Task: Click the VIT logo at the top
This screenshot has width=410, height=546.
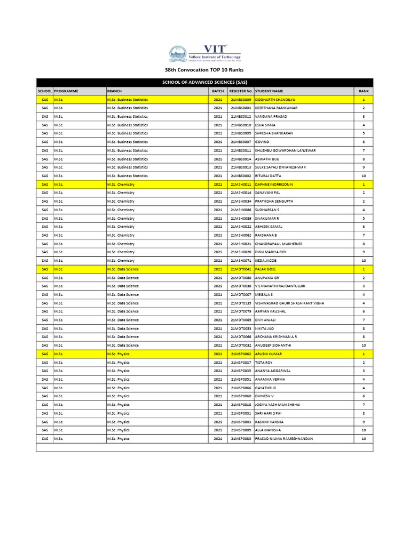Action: point(204,54)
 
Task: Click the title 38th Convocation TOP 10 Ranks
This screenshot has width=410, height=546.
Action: point(204,70)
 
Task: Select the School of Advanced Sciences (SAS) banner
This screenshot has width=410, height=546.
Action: point(204,82)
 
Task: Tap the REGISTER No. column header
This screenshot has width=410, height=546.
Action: point(240,91)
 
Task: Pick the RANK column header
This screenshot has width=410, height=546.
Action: point(364,91)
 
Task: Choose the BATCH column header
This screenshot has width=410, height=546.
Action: point(218,91)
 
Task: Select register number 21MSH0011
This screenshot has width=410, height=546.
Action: point(241,184)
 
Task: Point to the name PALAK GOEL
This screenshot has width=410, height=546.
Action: point(265,269)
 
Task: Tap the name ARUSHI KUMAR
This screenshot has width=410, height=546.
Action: point(269,354)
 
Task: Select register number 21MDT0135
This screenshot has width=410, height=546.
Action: point(241,303)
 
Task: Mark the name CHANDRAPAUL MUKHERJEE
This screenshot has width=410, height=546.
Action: point(279,244)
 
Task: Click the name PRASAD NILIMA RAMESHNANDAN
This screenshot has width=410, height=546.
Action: point(284,439)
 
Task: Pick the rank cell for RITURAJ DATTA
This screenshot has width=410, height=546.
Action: point(364,176)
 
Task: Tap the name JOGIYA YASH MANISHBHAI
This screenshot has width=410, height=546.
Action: point(278,405)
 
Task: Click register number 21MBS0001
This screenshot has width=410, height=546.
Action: point(241,108)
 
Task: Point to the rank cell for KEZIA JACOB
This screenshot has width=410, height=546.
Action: point(364,261)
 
